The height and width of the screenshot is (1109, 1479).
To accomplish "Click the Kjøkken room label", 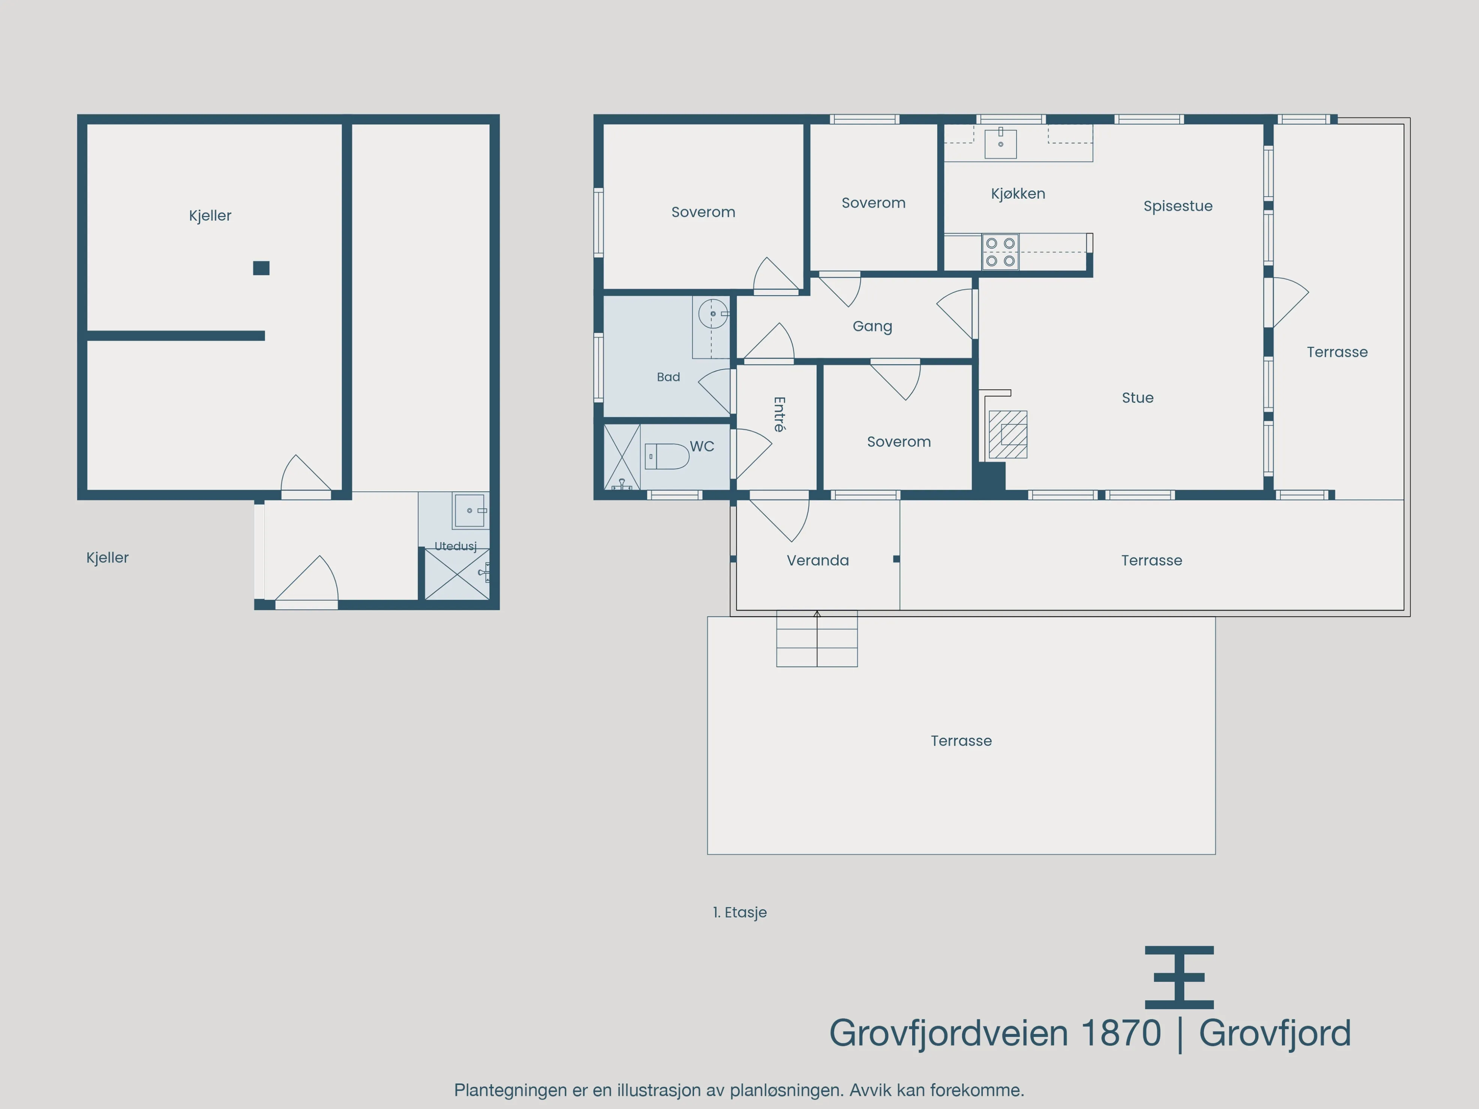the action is click(x=1018, y=194).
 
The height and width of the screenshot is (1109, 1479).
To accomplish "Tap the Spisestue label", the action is click(x=1178, y=206).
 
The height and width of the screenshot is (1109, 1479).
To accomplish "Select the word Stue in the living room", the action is click(x=1137, y=398).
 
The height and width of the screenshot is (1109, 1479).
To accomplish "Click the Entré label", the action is click(x=779, y=414).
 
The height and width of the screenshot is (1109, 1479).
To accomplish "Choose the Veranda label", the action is click(x=818, y=560).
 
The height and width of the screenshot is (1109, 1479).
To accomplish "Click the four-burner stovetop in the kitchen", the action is click(x=1000, y=252).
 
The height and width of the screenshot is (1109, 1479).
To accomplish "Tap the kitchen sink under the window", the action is click(x=1000, y=143).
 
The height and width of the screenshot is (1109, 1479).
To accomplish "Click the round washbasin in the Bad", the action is click(x=714, y=313).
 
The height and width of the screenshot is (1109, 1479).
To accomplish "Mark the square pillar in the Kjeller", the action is click(x=261, y=268).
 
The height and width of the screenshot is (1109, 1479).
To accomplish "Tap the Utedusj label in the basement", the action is click(x=455, y=546).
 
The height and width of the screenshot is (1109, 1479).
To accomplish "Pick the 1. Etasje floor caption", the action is click(x=739, y=912).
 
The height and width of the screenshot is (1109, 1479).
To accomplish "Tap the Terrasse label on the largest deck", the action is click(x=961, y=741).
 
